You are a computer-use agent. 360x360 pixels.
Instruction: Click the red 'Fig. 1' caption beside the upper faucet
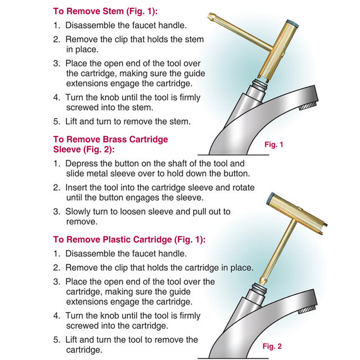pyautogui.click(x=273, y=145)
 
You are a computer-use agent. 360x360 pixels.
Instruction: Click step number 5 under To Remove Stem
pyautogui.click(x=56, y=121)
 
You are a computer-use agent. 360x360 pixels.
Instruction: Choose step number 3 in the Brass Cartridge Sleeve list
pyautogui.click(x=56, y=211)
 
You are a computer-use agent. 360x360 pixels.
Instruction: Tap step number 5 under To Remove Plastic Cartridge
pyautogui.click(x=56, y=340)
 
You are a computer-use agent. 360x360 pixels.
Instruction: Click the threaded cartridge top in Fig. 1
pyautogui.click(x=259, y=86)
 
